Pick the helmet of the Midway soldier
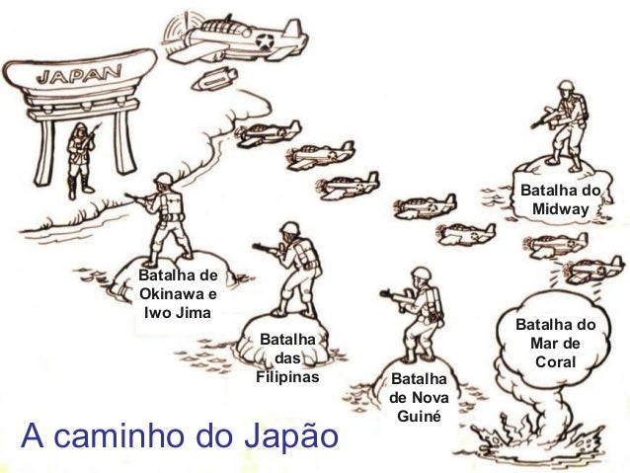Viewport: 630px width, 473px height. pyautogui.click(x=558, y=95)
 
